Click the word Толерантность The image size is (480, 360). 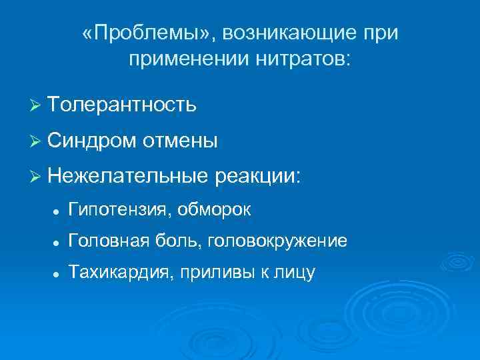122,105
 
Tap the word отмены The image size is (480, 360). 179,141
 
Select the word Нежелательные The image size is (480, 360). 129,177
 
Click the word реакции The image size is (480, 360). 259,177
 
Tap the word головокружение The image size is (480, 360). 277,241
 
